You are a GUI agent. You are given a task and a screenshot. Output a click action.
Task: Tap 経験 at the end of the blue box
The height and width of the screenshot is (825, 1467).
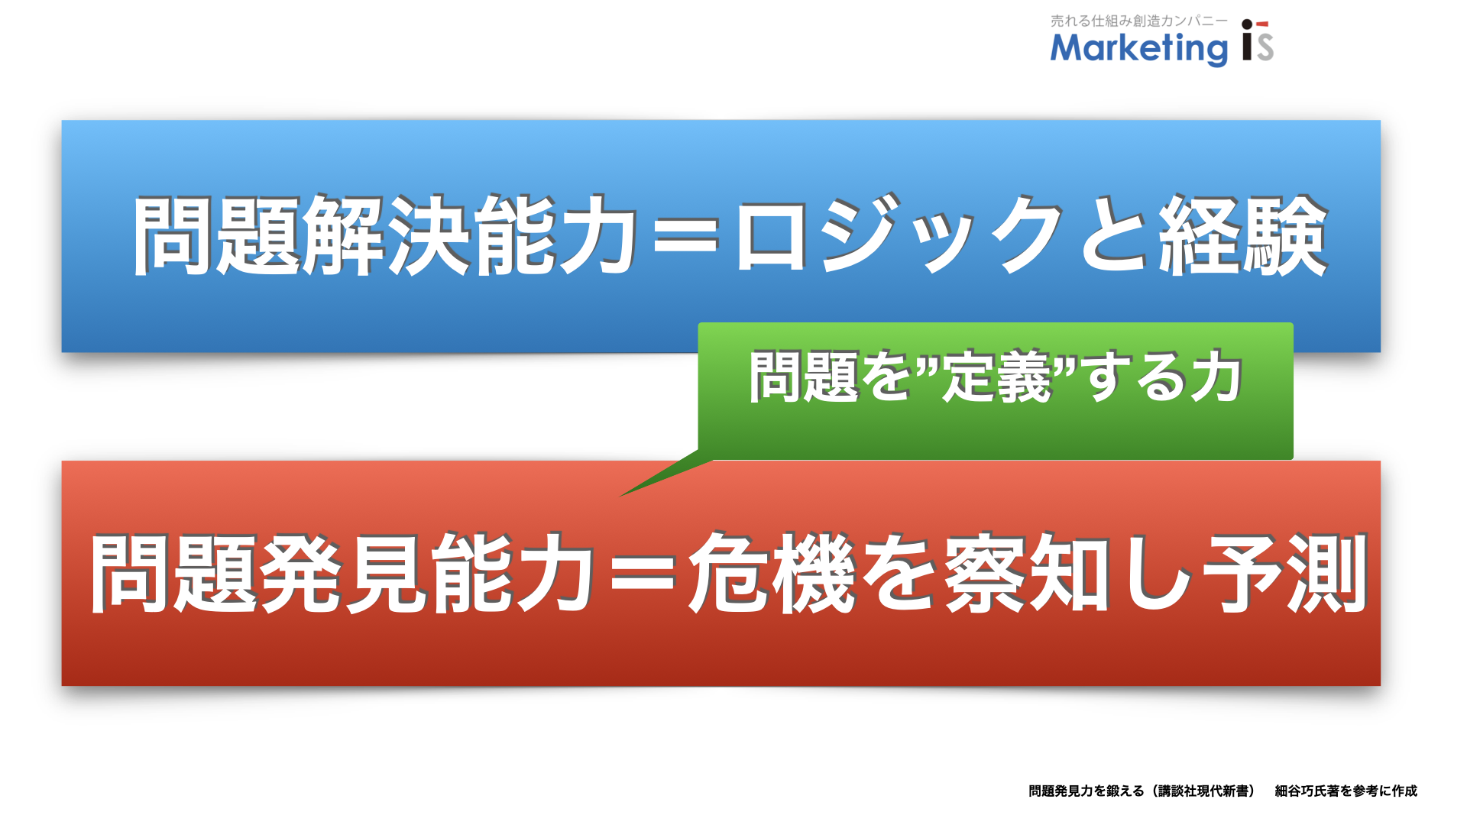[x=1244, y=235]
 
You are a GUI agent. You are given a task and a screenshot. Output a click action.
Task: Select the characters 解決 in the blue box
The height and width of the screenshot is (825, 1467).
[x=388, y=235]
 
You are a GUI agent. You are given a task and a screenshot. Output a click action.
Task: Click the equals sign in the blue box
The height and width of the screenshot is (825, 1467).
[x=687, y=235]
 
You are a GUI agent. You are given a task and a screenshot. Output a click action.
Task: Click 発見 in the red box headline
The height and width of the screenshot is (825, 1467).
[x=344, y=574]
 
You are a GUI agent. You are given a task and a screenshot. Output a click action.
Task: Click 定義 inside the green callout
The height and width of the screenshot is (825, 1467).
[x=997, y=376]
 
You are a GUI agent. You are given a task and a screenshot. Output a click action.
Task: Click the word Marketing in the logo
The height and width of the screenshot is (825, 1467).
[x=1139, y=49]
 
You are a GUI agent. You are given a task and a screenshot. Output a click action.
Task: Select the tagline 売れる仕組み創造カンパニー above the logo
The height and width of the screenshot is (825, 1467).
[x=1138, y=21]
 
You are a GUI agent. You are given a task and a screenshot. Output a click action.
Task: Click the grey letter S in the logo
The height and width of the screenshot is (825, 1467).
[x=1265, y=47]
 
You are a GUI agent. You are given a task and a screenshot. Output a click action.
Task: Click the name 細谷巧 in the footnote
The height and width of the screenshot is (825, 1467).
[x=1297, y=791]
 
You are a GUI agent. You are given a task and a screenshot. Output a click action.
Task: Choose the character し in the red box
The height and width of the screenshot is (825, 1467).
[x=1158, y=574]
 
